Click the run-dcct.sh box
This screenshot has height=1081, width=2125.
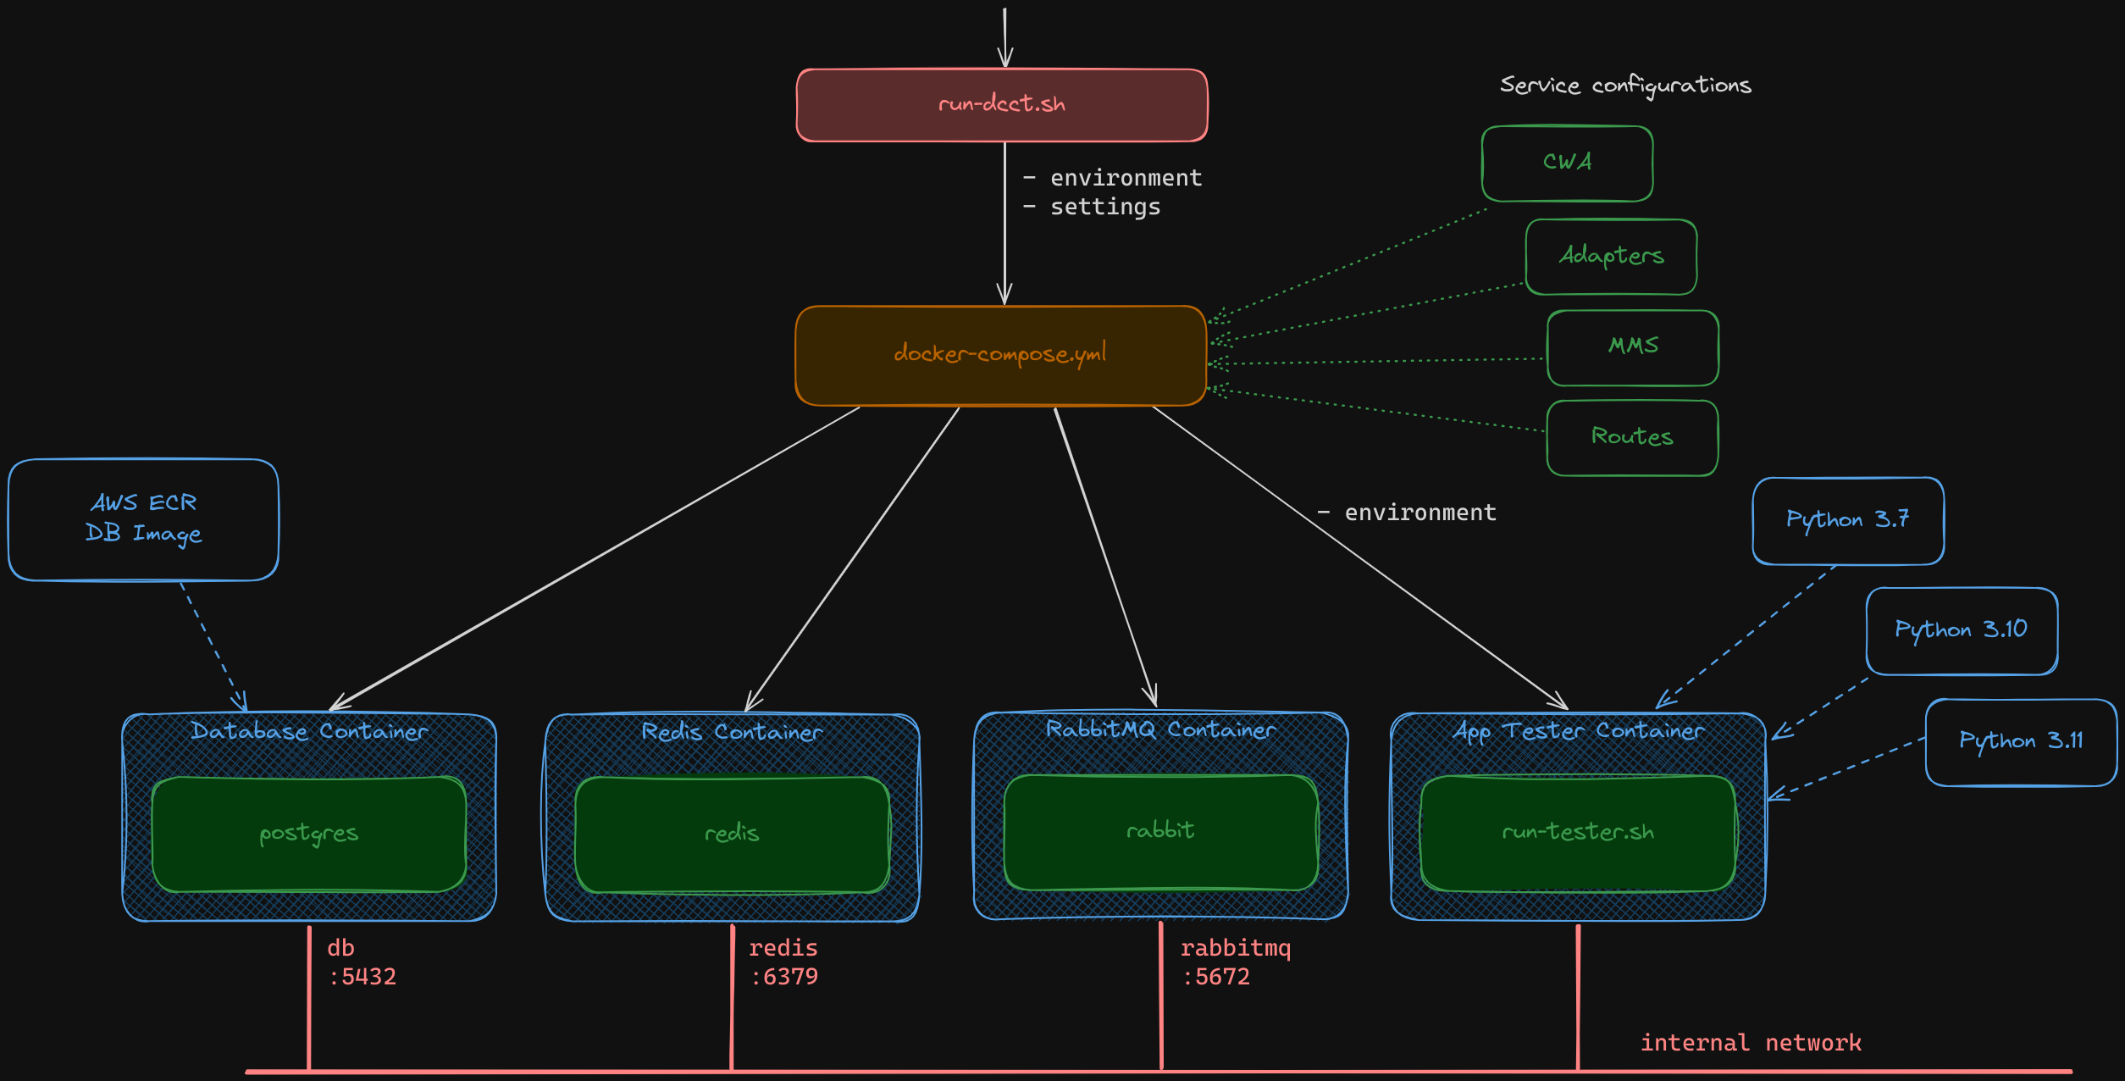pyautogui.click(x=1001, y=105)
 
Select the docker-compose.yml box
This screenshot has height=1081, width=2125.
pyautogui.click(x=1000, y=355)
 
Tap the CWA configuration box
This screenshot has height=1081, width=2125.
pyautogui.click(x=1567, y=163)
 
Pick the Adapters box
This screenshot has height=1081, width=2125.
pyautogui.click(x=1611, y=256)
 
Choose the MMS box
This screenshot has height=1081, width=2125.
pyautogui.click(x=1632, y=346)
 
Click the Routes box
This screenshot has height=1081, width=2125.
pyautogui.click(x=1631, y=437)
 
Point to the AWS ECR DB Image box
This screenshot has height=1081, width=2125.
pyautogui.click(x=143, y=519)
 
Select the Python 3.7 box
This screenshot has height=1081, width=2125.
pyautogui.click(x=1847, y=520)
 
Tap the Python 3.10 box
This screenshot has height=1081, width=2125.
pyautogui.click(x=1961, y=630)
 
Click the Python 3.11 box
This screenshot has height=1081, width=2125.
pyautogui.click(x=2020, y=741)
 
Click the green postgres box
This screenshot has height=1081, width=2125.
pyautogui.click(x=308, y=834)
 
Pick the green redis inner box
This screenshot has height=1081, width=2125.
pyautogui.click(x=732, y=834)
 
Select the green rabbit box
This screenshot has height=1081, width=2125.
pyautogui.click(x=1160, y=831)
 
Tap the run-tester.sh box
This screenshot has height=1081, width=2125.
pyautogui.click(x=1577, y=833)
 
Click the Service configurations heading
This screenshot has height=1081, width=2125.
pyautogui.click(x=1624, y=86)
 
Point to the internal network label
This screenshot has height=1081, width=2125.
pyautogui.click(x=1750, y=1042)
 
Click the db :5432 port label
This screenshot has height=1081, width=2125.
pyautogui.click(x=361, y=962)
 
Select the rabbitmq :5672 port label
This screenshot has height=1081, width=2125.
pyautogui.click(x=1234, y=962)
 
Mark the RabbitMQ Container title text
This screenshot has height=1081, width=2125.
pyautogui.click(x=1160, y=729)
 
